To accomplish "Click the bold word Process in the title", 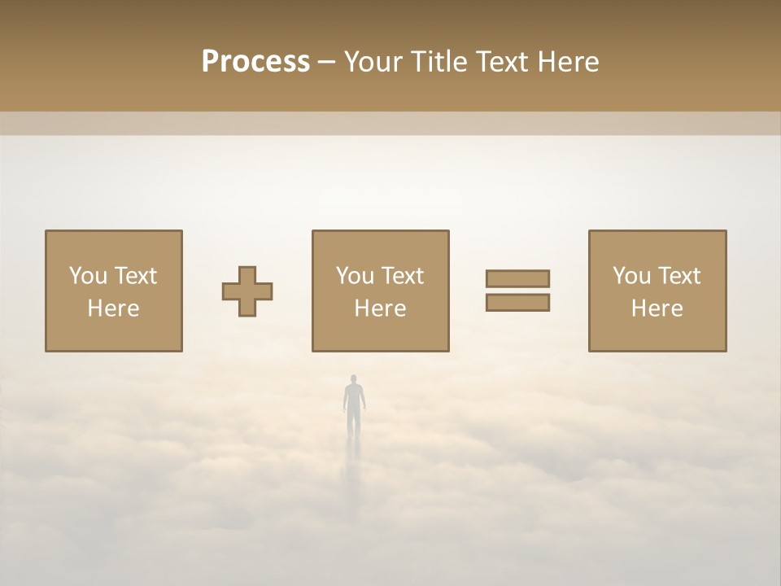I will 255,62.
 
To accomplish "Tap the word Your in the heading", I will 373,62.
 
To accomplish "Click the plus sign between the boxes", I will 247,291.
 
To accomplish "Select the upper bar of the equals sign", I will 517,278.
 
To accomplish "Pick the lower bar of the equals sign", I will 517,302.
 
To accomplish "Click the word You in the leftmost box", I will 87,276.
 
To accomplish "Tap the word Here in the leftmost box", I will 113,308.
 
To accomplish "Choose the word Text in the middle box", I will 403,276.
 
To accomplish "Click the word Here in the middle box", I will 380,308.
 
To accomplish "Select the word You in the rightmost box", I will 630,276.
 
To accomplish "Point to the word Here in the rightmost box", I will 657,308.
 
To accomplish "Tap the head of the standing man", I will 354,378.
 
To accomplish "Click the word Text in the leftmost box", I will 136,276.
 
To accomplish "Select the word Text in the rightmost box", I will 679,276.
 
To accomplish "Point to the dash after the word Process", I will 327,63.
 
